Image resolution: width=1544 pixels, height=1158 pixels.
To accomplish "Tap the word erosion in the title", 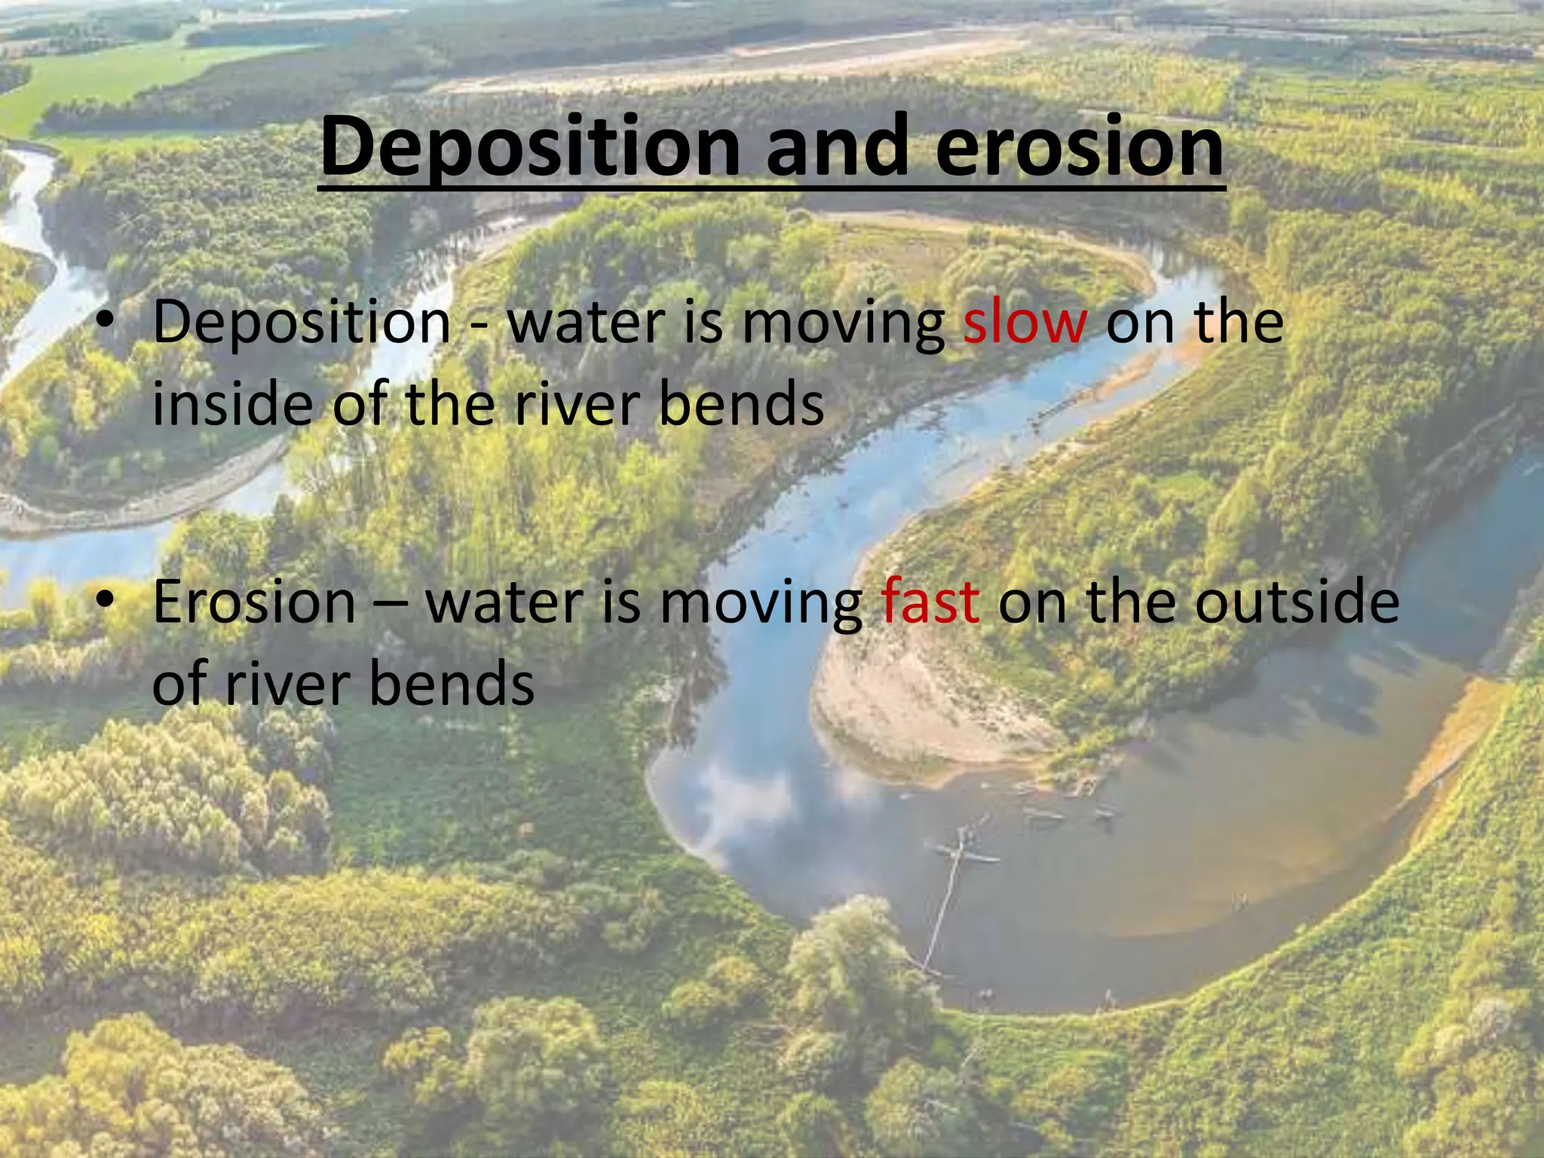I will point(1079,148).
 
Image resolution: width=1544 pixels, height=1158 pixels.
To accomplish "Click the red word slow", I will point(1025,323).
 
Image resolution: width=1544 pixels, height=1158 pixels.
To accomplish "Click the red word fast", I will point(930,603).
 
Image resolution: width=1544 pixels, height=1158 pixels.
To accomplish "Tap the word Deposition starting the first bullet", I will point(302,323).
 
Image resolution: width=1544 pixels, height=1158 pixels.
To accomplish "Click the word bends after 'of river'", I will point(452,685).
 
